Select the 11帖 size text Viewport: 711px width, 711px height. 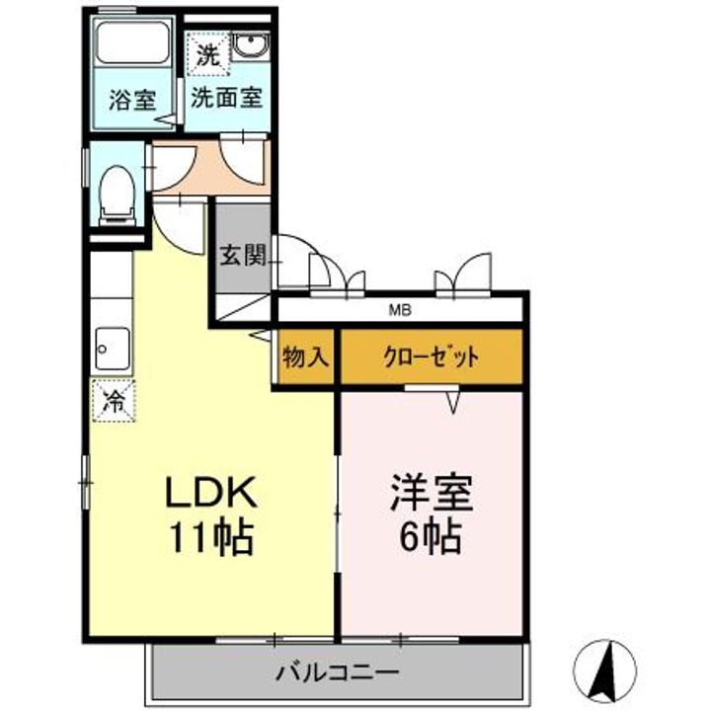210,538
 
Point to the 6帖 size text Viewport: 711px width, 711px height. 431,536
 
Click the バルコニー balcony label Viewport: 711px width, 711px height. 339,672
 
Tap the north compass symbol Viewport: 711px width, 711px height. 605,671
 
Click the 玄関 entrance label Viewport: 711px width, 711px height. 243,256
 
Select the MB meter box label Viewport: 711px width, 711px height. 400,311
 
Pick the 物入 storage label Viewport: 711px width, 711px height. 305,357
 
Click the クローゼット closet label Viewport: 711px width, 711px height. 431,357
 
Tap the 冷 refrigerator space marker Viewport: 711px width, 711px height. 114,401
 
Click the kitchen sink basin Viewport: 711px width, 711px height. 113,349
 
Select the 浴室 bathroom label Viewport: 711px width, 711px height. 133,100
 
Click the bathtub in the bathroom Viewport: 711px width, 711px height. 133,42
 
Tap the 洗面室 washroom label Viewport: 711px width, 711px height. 227,97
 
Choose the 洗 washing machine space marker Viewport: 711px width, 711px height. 208,55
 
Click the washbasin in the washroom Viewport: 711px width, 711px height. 250,46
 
